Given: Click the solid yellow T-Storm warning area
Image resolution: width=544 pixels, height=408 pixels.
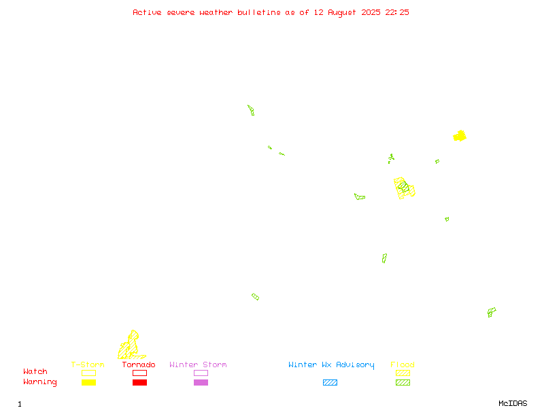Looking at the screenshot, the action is (460, 136).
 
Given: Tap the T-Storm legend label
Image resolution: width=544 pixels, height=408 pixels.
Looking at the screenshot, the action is (88, 364).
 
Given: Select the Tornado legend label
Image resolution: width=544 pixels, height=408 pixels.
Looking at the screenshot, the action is (139, 364).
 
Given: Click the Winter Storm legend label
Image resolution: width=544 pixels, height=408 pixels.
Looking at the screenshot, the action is (198, 364).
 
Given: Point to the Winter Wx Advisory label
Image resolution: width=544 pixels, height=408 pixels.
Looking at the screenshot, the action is (331, 365).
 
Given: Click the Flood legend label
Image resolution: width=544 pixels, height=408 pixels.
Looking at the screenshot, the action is (403, 364).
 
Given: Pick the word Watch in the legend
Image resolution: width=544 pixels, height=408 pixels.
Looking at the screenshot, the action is (35, 371).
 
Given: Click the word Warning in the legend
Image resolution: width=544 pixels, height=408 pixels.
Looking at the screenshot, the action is (40, 382).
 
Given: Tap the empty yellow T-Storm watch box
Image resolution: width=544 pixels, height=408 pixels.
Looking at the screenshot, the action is (89, 373).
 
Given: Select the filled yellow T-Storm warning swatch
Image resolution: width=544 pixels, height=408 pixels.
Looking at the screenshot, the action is (89, 382).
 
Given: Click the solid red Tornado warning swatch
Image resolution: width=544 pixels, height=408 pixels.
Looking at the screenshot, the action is (140, 382).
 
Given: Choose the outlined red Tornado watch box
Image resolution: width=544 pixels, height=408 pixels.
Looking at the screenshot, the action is (140, 373).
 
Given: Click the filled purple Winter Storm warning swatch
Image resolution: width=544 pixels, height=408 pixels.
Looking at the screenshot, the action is (201, 382).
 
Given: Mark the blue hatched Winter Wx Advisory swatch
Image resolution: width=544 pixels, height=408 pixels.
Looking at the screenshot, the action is (330, 382).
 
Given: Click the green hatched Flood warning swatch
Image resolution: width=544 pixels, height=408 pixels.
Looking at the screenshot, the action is (403, 382).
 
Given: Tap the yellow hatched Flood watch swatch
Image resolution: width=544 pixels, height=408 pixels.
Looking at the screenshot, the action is (403, 373).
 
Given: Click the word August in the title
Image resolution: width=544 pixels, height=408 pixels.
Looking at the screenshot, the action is (342, 13).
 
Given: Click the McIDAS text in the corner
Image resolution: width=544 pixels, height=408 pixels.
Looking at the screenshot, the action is (513, 403).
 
